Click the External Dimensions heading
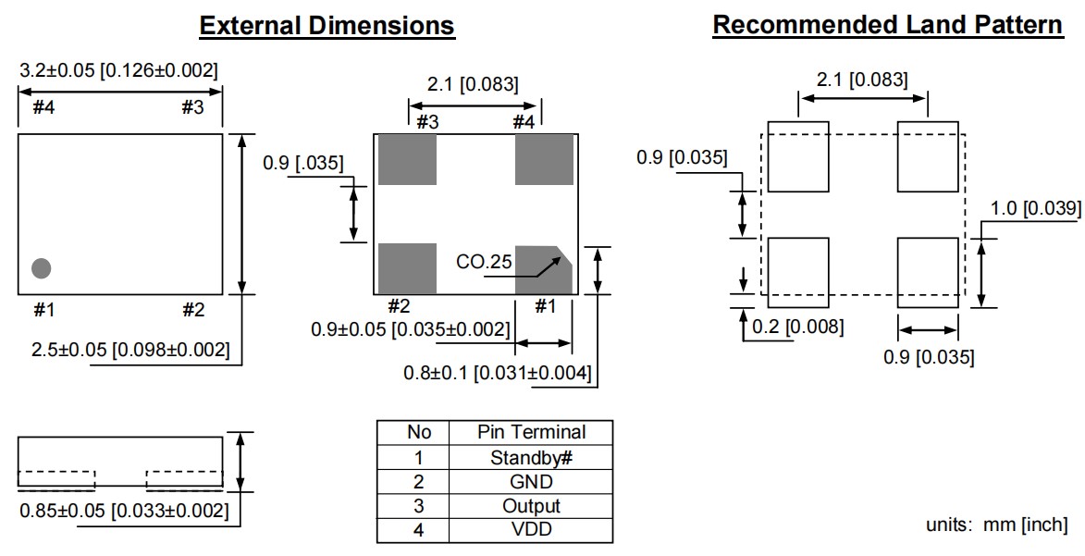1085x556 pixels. coord(327,25)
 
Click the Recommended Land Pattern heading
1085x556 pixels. coord(888,25)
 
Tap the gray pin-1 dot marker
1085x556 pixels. coord(42,268)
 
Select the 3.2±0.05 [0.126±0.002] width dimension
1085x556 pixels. coord(118,70)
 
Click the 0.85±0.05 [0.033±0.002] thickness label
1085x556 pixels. coord(124,510)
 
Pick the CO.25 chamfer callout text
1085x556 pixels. coord(484,262)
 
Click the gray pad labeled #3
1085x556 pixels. coord(407,159)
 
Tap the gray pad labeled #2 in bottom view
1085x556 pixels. coord(407,268)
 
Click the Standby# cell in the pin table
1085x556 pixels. coord(531,457)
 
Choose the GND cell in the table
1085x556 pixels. coord(531,482)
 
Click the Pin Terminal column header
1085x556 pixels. coord(531,432)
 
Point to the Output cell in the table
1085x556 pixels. coord(531,506)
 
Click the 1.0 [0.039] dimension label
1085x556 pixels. coord(1035,208)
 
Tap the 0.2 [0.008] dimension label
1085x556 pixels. coord(796,327)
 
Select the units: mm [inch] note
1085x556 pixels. coord(996,525)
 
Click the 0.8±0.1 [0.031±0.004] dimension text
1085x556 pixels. coord(498,374)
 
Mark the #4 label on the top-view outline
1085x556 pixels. coord(43,107)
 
